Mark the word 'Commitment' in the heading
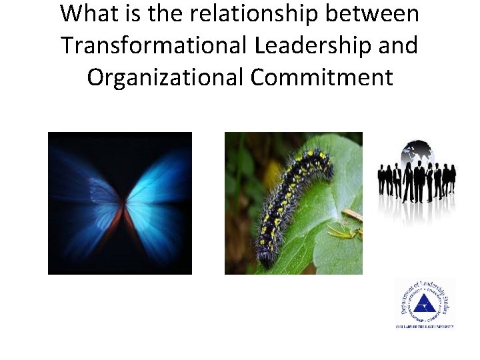(322, 77)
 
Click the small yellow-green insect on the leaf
(343, 230)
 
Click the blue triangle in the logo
(424, 306)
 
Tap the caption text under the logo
(424, 326)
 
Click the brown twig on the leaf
(351, 214)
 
